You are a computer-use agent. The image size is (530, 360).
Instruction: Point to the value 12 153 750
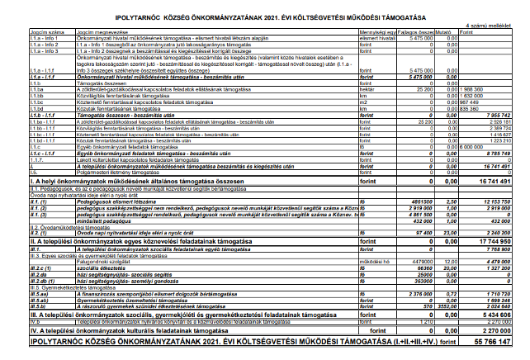click(x=493, y=200)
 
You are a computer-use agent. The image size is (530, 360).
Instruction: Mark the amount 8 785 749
click(x=494, y=153)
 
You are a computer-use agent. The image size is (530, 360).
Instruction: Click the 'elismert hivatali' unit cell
click(x=379, y=39)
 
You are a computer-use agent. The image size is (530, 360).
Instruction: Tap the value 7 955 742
click(x=494, y=116)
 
